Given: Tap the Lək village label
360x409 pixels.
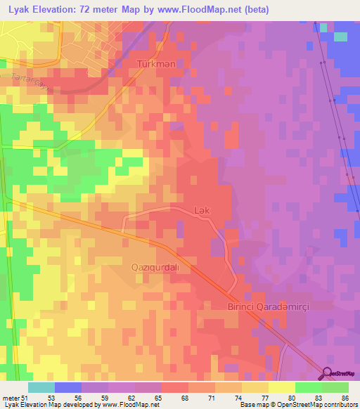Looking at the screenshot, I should point(201,210).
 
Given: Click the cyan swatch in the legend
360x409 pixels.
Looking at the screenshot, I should point(41,387).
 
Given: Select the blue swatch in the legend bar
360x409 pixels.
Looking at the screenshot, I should point(67,387).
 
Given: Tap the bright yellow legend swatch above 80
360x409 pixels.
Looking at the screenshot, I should point(281,387).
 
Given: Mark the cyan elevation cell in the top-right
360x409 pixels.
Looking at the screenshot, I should point(340,36).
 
